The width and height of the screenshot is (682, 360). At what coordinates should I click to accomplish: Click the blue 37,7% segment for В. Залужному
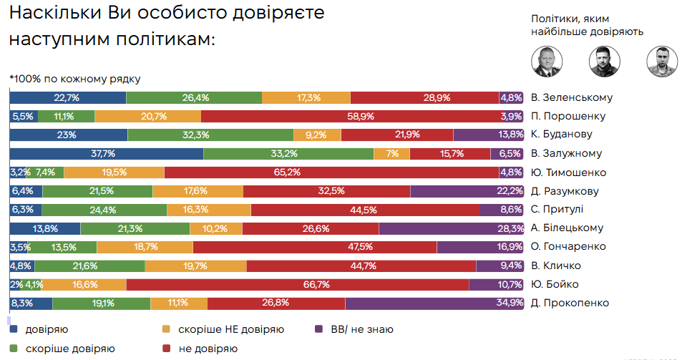[x=106, y=153]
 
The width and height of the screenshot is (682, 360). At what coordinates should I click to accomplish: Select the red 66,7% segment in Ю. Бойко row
[x=297, y=284]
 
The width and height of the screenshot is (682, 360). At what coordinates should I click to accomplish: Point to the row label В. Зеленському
[x=572, y=98]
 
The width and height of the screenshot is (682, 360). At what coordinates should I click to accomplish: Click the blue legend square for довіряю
[x=14, y=330]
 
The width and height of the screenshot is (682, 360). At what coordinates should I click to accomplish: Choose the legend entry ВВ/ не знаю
[x=361, y=330]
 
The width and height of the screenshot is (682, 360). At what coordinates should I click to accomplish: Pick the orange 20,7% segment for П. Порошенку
[x=147, y=116]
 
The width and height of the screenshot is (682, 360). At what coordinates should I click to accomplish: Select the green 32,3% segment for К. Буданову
[x=210, y=135]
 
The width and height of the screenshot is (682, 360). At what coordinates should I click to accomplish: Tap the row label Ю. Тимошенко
[x=569, y=172]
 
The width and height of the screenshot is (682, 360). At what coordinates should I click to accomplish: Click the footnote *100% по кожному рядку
[x=75, y=79]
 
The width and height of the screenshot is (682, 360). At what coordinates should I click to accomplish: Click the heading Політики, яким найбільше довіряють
[x=587, y=25]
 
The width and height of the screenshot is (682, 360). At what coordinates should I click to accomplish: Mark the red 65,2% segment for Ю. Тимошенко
[x=331, y=172]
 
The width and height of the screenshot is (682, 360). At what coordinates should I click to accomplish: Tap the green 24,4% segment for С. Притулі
[x=104, y=210]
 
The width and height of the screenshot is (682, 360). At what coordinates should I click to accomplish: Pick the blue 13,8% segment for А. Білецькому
[x=44, y=228]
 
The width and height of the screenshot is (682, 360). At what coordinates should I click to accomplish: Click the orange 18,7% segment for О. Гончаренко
[x=145, y=247]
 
